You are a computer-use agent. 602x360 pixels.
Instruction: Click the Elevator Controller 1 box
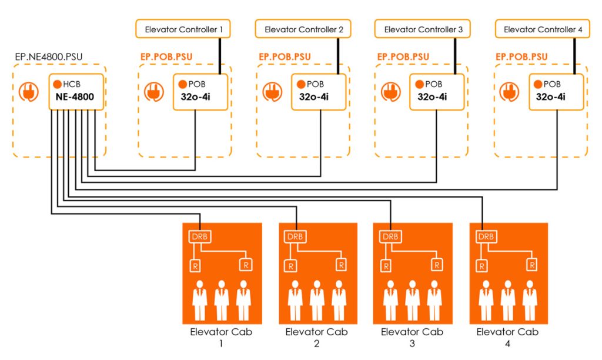pos(183,29)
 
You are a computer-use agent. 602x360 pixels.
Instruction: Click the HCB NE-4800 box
pos(76,92)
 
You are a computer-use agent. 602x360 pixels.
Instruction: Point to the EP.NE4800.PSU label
pos(48,57)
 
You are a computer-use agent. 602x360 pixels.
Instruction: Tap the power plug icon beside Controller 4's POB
pos(509,92)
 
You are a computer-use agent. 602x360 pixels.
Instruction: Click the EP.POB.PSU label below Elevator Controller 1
pos(166,57)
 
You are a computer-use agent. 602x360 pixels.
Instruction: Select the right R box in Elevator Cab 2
pos(340,265)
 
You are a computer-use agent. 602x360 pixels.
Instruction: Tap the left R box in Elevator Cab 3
pos(386,265)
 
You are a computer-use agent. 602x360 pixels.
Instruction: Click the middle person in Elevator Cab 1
pos(221,300)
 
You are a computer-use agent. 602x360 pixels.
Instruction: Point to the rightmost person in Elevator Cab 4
pos(530,300)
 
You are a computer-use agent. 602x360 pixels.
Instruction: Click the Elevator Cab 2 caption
pos(316,337)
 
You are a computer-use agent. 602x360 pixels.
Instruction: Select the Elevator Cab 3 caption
pos(412,337)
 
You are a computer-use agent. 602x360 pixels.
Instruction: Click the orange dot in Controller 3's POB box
pos(419,84)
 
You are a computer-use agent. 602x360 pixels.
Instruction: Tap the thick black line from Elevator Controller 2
pos(339,56)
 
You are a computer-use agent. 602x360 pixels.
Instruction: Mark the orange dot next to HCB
pos(58,84)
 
